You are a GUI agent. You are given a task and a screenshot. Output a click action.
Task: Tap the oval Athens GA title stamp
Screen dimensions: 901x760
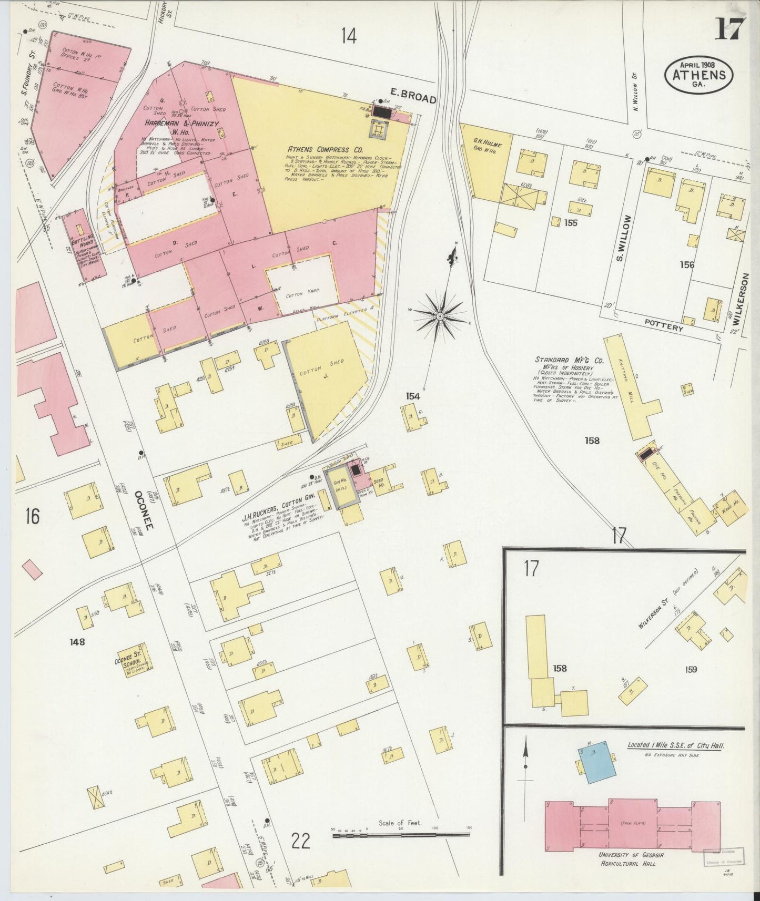pos(699,74)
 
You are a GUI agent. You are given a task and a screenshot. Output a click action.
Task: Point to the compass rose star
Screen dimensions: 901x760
pos(440,315)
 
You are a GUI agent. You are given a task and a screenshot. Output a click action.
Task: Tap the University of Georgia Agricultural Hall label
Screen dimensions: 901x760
pos(630,859)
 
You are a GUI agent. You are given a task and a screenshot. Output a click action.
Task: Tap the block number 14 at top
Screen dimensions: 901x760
pos(348,36)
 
